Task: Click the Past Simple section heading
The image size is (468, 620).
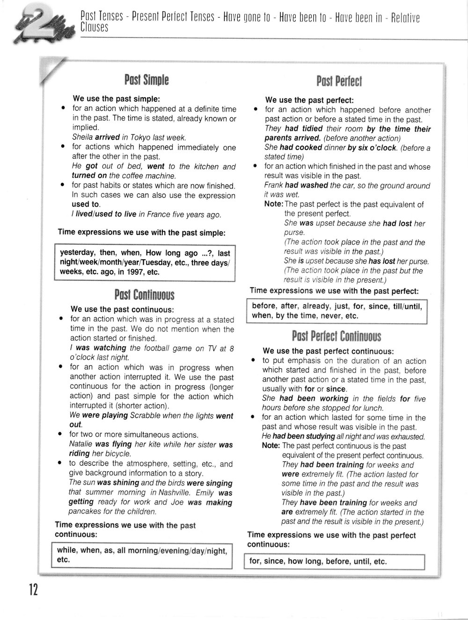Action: click(x=146, y=81)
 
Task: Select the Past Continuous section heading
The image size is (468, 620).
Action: click(x=144, y=295)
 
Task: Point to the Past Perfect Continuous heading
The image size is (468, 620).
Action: click(x=336, y=336)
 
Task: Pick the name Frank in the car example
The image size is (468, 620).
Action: click(x=274, y=185)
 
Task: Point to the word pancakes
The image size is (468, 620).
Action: click(x=86, y=512)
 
